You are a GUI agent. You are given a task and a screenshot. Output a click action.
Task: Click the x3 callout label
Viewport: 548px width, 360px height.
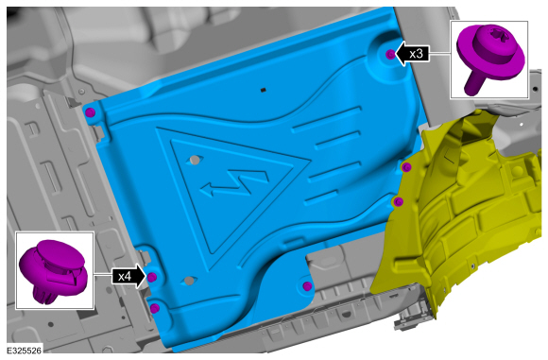pos(416,54)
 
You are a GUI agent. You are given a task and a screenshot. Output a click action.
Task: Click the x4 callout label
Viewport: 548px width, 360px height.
pos(125,277)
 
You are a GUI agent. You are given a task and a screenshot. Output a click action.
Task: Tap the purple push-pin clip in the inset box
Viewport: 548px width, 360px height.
pos(52,270)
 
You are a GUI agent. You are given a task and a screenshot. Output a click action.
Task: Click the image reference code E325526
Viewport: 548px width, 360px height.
pos(25,351)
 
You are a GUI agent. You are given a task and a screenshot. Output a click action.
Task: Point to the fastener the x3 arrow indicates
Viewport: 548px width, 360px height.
pos(390,54)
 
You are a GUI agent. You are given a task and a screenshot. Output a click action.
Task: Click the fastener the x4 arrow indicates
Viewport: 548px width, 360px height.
pos(152,278)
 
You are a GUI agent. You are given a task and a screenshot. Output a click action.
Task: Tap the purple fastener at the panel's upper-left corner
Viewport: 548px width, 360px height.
pos(90,112)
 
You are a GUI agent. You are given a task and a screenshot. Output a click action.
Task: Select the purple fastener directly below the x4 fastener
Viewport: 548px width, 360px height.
pos(154,308)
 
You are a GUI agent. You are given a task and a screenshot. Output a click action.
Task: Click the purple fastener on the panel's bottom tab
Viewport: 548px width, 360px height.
pos(307,286)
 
